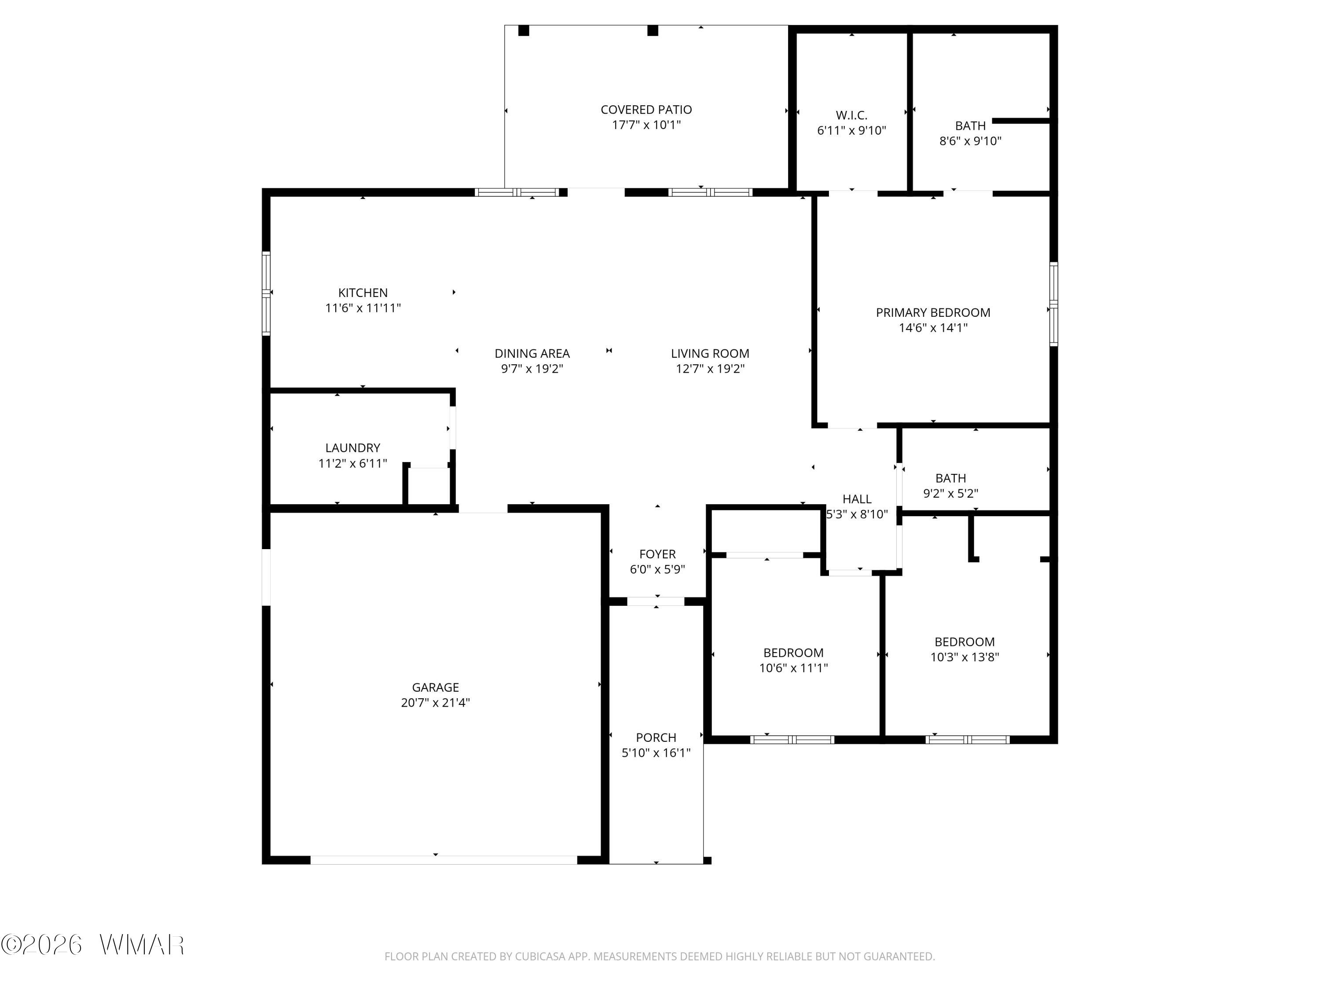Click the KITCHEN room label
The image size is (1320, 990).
click(363, 293)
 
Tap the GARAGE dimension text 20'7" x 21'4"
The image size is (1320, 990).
click(435, 702)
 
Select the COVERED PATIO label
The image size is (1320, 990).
click(646, 110)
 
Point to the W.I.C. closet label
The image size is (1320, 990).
click(851, 115)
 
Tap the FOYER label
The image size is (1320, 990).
click(658, 554)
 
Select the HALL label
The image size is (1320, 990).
click(857, 499)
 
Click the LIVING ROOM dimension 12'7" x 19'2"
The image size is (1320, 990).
click(710, 369)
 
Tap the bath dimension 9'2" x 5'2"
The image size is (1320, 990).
click(950, 494)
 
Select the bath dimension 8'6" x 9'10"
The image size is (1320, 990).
click(970, 141)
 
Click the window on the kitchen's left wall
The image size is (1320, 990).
click(266, 293)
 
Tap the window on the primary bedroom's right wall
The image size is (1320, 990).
click(1054, 304)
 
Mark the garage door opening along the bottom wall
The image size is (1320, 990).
click(444, 860)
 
